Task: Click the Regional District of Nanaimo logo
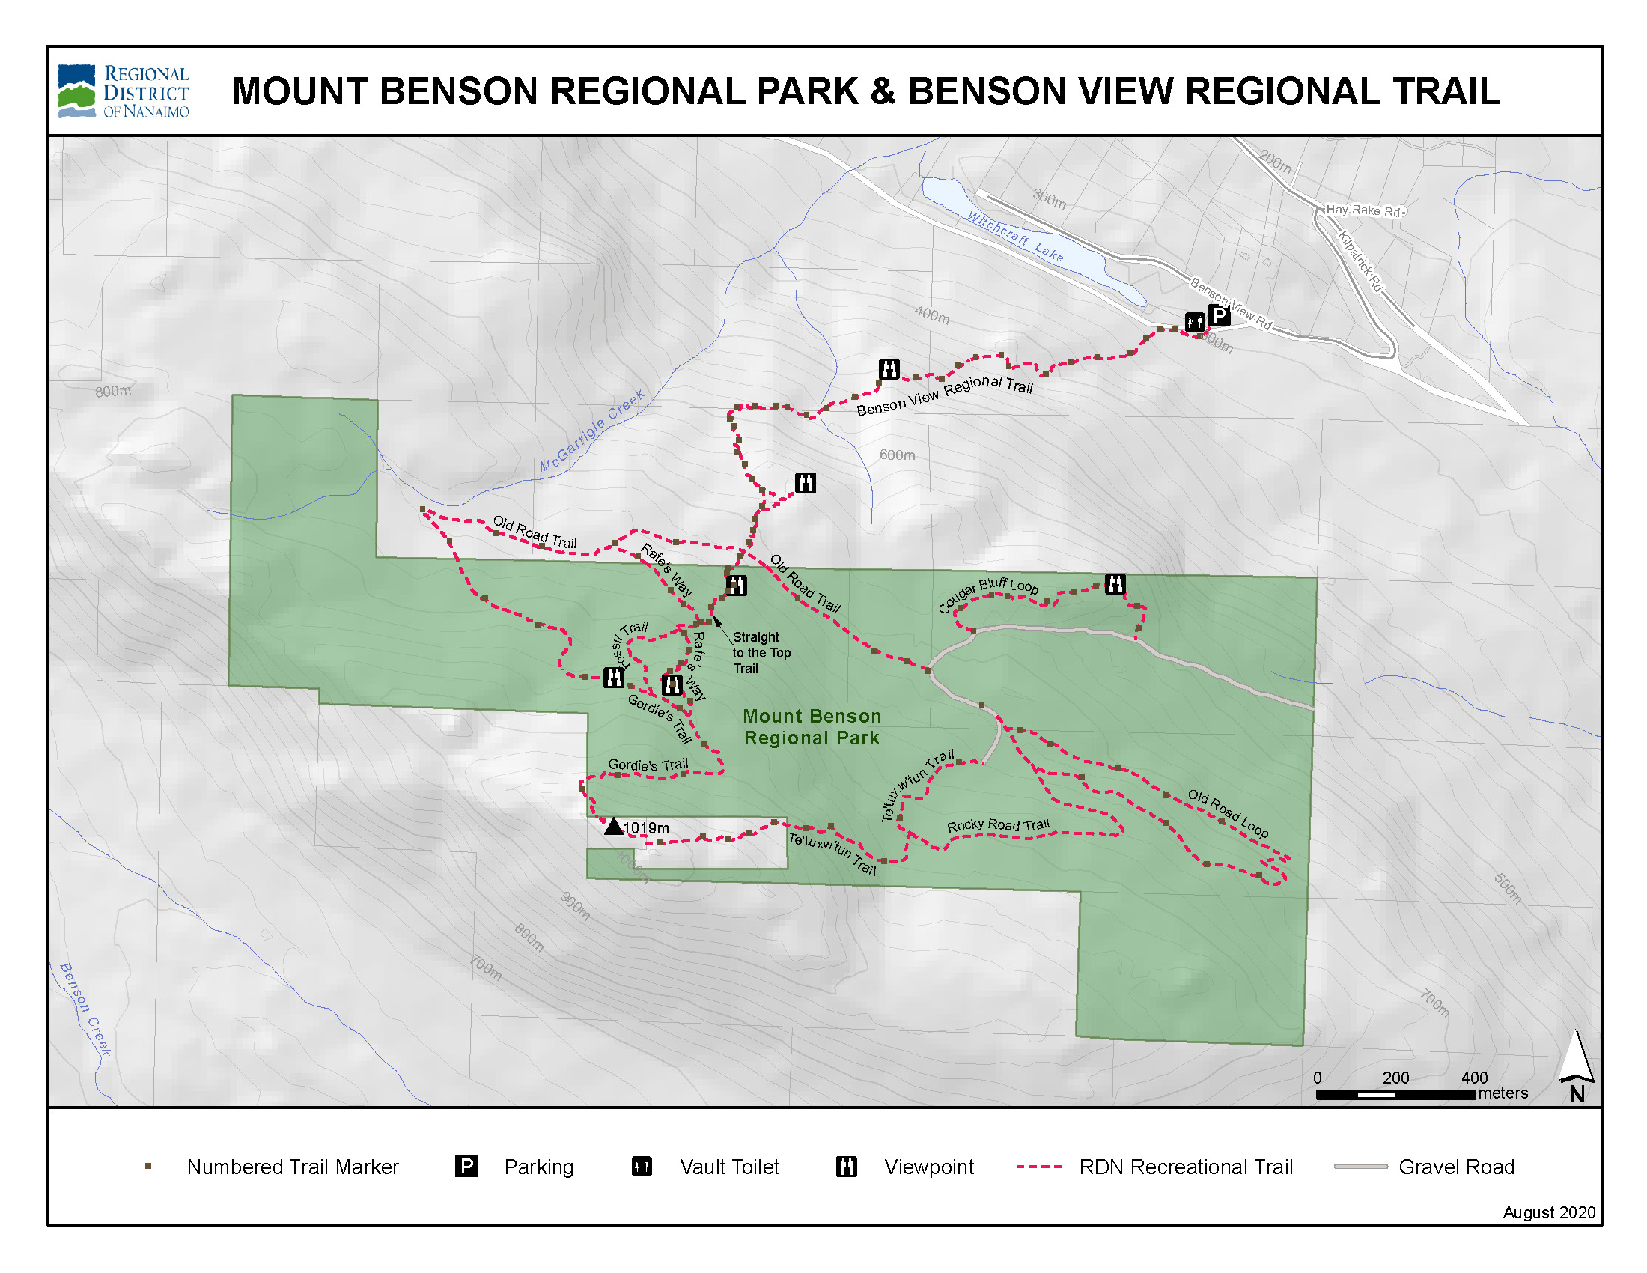(123, 91)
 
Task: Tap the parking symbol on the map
(1218, 315)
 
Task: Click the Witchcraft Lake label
(1015, 237)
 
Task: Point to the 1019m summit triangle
(614, 827)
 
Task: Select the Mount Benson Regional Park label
(812, 727)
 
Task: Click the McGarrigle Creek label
(592, 431)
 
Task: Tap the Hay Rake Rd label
(1363, 210)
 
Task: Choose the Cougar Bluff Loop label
(988, 595)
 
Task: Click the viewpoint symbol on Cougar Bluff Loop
(1115, 584)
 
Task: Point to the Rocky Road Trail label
(998, 825)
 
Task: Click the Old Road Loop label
(1228, 813)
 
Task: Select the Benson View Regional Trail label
(944, 396)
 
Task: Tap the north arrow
(1576, 1063)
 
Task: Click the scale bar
(1395, 1094)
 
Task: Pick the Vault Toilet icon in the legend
(642, 1167)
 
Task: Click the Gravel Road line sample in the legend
(1360, 1167)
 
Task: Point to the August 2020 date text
(1549, 1212)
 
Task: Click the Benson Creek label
(85, 1009)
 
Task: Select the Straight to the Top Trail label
(761, 652)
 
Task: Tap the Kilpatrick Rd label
(1360, 261)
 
